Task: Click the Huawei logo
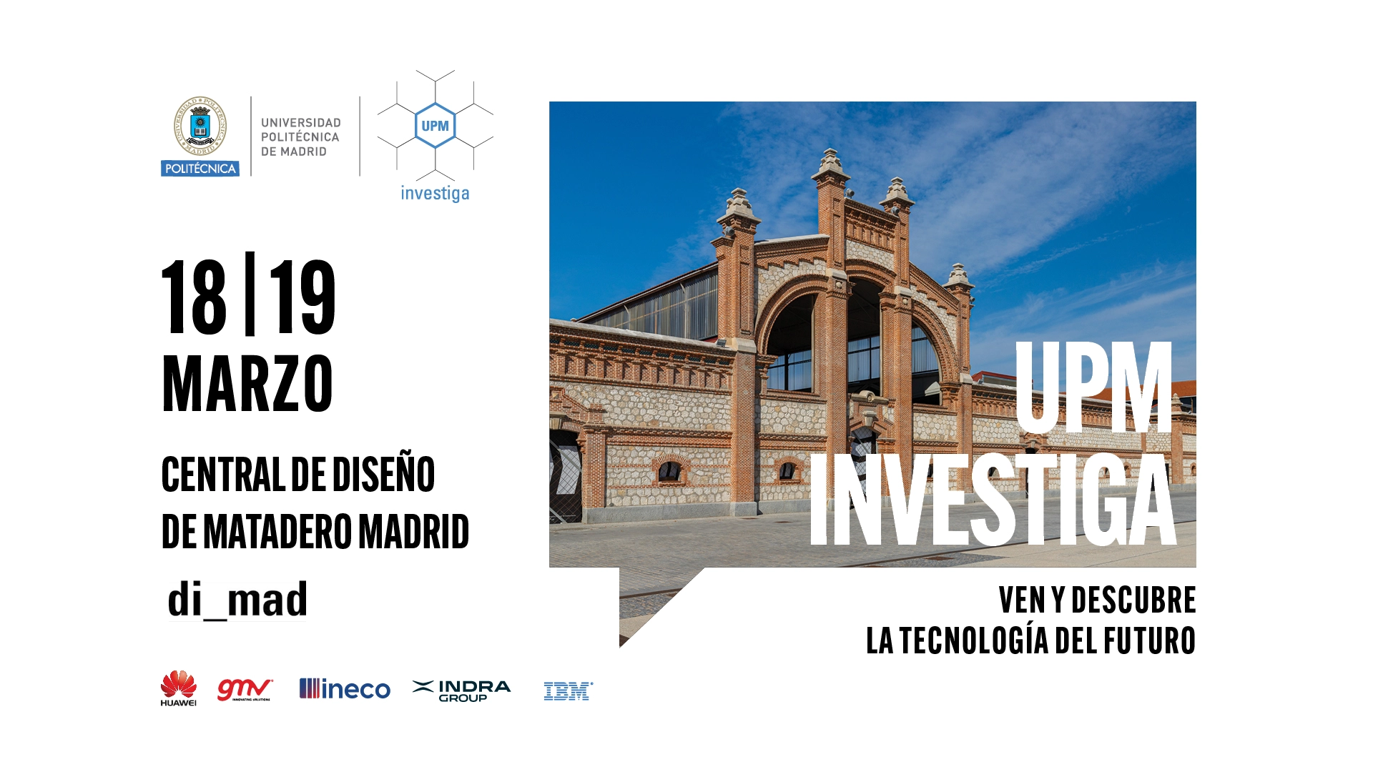pyautogui.click(x=178, y=688)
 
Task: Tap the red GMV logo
pyautogui.click(x=245, y=689)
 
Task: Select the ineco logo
pyautogui.click(x=345, y=689)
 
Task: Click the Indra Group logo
pyautogui.click(x=462, y=691)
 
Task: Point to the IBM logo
pyautogui.click(x=569, y=691)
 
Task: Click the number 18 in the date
pyautogui.click(x=195, y=297)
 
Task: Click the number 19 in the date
pyautogui.click(x=302, y=297)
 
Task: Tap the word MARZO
pyautogui.click(x=247, y=384)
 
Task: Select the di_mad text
pyautogui.click(x=237, y=599)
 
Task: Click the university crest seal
pyautogui.click(x=200, y=127)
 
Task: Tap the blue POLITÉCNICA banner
pyautogui.click(x=200, y=169)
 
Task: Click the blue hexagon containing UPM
pyautogui.click(x=435, y=126)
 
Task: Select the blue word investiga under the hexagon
pyautogui.click(x=435, y=194)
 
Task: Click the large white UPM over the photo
pyautogui.click(x=1094, y=387)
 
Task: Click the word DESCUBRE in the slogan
pyautogui.click(x=1133, y=600)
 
